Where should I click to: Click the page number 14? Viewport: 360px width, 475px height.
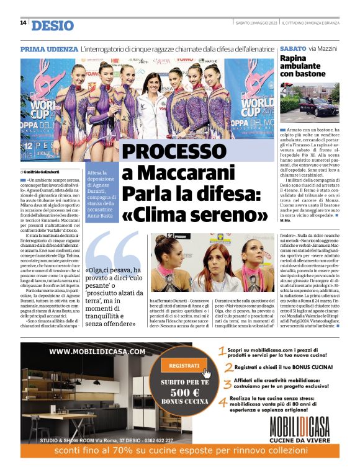coord(22,23)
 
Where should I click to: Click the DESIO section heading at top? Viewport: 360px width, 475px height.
coord(52,25)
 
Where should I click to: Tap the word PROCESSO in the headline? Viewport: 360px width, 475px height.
coord(166,152)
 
